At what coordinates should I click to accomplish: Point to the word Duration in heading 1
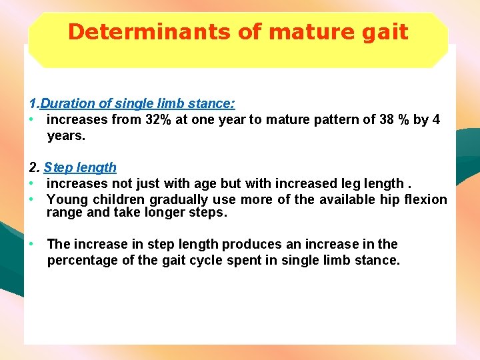68,104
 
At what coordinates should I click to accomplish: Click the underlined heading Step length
80,168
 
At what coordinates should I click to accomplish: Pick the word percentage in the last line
82,261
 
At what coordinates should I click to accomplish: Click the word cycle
217,261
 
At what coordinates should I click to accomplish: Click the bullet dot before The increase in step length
31,245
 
